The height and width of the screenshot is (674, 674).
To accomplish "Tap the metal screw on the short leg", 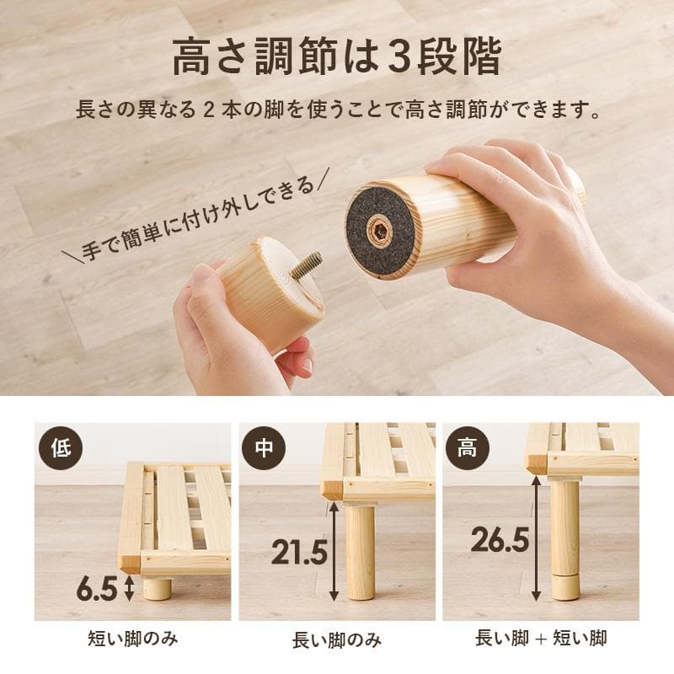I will click(307, 264).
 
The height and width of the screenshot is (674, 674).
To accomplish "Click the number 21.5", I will click(298, 552).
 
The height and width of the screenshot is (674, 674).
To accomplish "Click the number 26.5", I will click(500, 540).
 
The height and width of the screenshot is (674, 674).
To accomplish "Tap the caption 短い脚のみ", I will click(133, 639).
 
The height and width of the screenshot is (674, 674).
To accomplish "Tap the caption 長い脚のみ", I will click(336, 639).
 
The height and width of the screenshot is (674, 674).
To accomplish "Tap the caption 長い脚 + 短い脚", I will click(541, 639).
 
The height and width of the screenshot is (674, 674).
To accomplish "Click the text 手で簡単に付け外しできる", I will click(201, 217).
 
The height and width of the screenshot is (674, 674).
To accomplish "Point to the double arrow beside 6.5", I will click(130, 588).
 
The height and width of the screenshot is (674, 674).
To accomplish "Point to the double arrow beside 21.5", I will click(334, 552).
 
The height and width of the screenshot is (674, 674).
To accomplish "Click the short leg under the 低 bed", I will click(157, 587).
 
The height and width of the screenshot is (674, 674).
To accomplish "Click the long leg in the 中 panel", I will click(360, 552).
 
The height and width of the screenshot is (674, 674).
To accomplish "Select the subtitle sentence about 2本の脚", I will click(337, 110).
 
